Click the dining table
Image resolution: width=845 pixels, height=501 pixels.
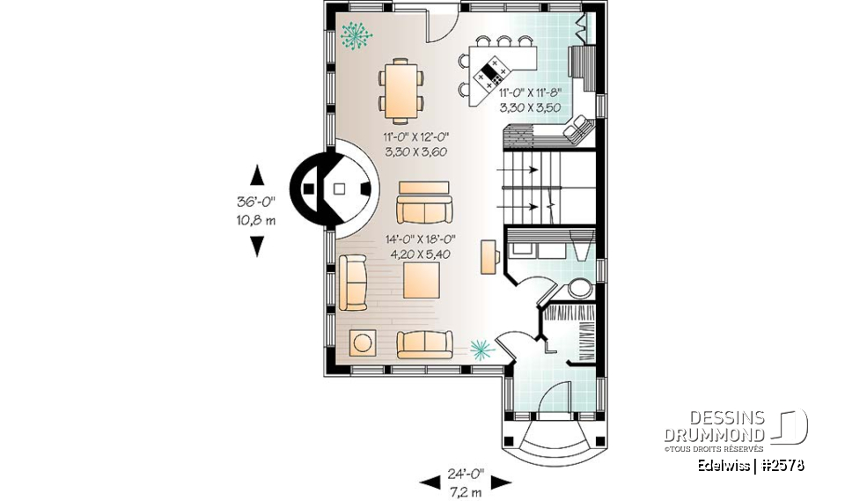click(400, 90)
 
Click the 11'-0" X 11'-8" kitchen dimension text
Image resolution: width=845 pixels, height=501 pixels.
click(530, 92)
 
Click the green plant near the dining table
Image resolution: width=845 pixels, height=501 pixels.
click(356, 36)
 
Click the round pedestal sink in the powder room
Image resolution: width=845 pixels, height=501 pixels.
click(580, 288)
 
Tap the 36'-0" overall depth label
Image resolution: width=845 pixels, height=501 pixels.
click(256, 201)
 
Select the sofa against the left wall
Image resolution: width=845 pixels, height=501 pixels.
click(352, 282)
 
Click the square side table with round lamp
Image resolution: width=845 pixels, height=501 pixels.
click(362, 343)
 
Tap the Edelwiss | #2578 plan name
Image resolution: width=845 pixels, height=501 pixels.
click(750, 465)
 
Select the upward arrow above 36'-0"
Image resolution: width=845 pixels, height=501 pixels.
click(257, 173)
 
